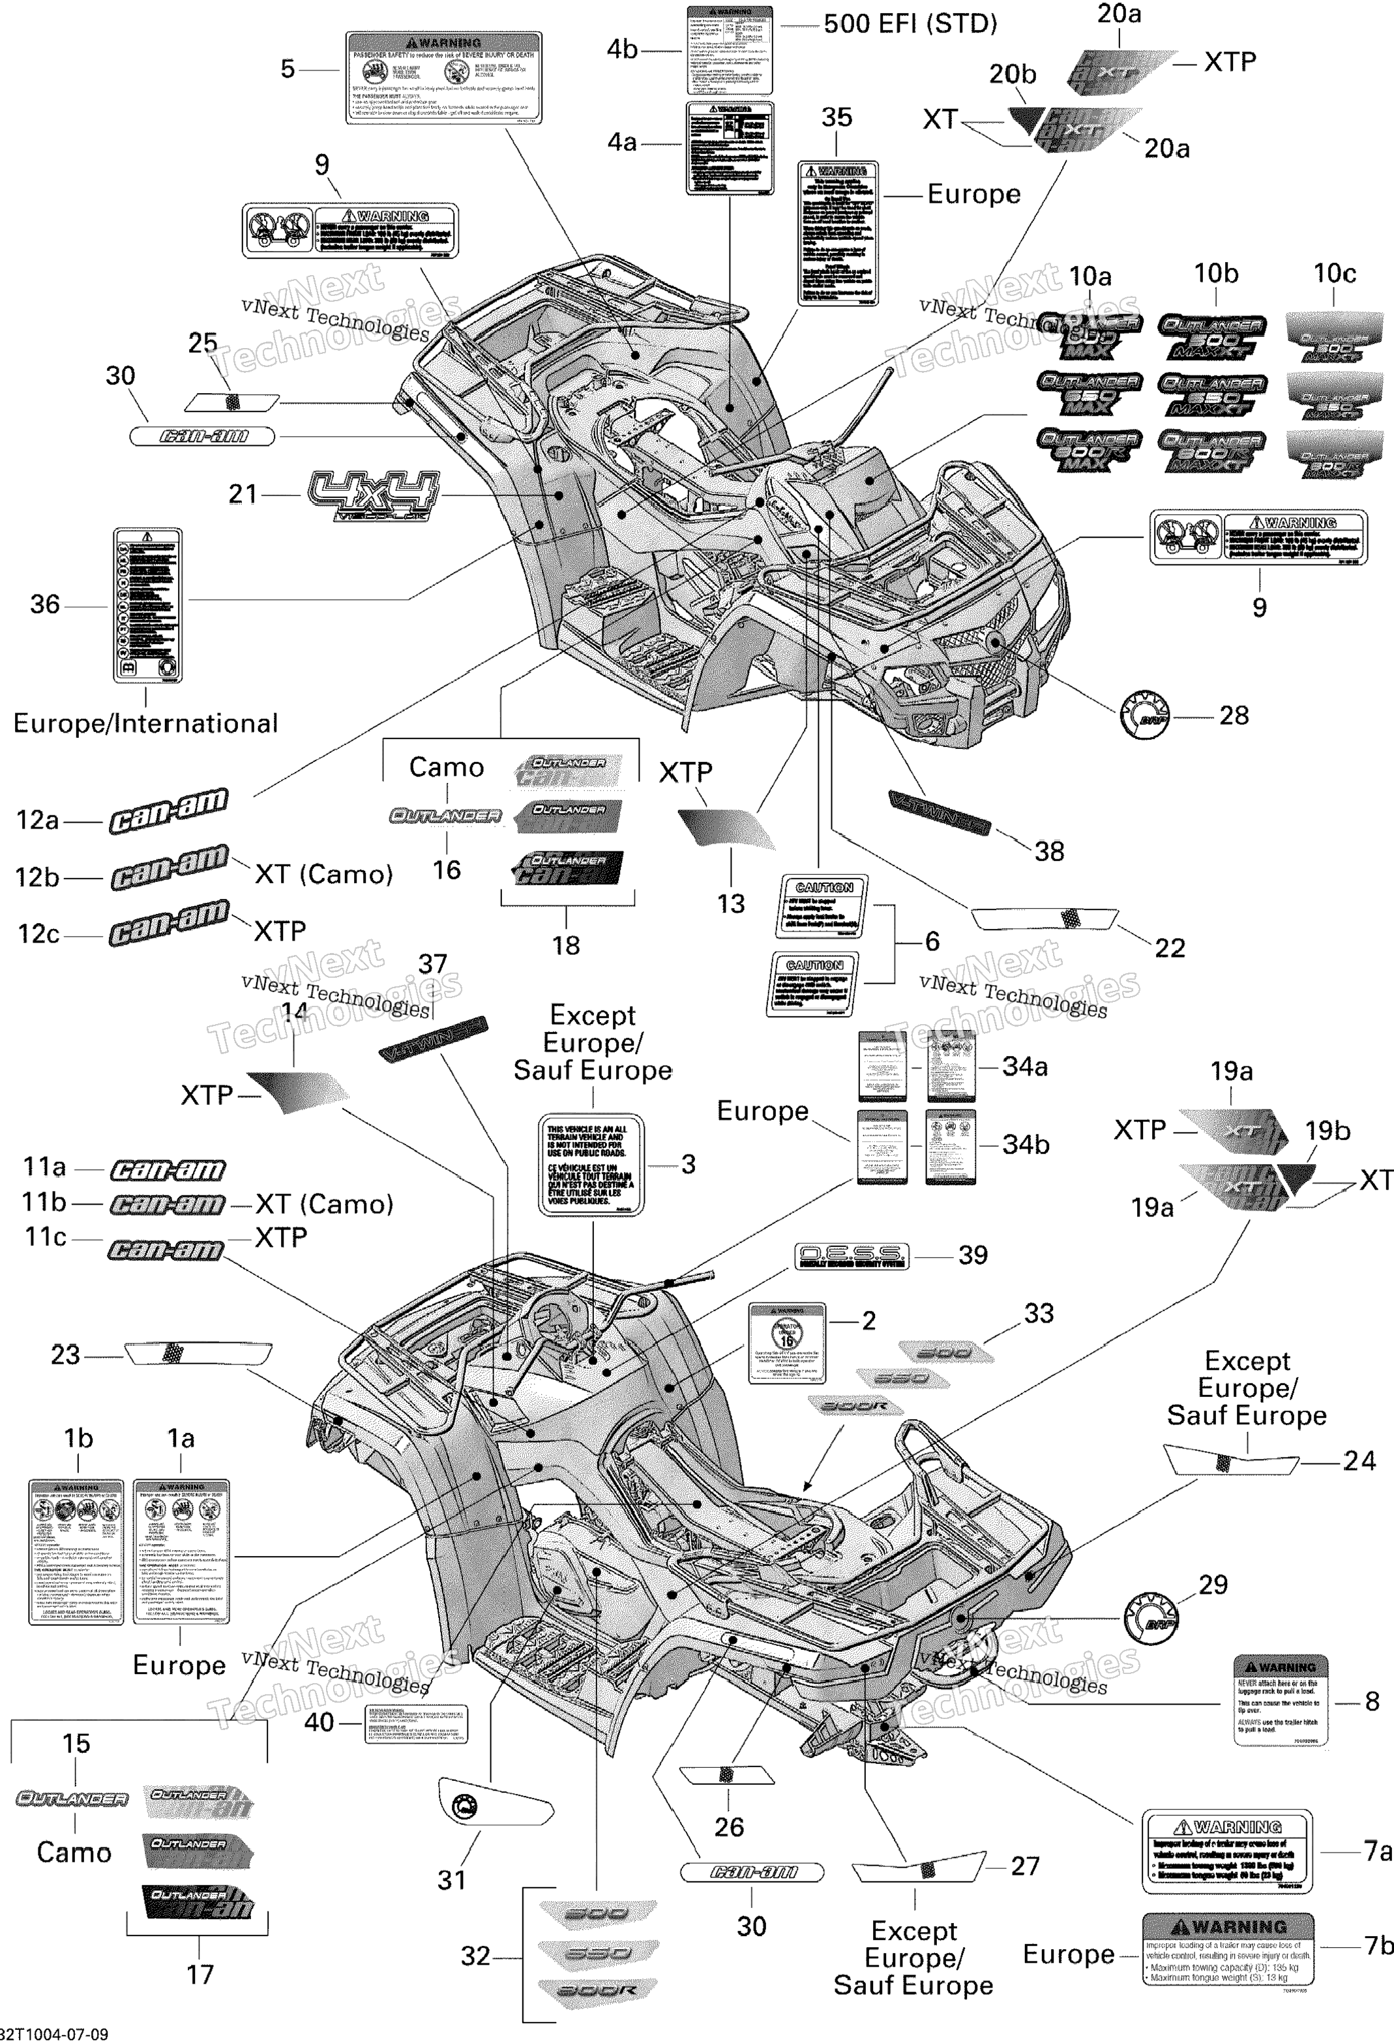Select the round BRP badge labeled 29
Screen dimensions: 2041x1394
pyautogui.click(x=1151, y=1618)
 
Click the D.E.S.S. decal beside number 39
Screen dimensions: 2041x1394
pyautogui.click(x=850, y=1256)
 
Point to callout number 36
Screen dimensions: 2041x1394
pyautogui.click(x=45, y=604)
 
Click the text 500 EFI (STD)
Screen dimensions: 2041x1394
pyautogui.click(x=910, y=23)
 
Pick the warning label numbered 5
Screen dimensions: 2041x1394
pyautogui.click(x=443, y=78)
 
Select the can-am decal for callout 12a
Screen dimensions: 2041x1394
pyautogui.click(x=169, y=810)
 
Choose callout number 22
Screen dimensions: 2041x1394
pyautogui.click(x=1169, y=948)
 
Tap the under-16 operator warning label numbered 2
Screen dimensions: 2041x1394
pyautogui.click(x=786, y=1343)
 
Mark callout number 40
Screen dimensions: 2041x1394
pyautogui.click(x=319, y=1722)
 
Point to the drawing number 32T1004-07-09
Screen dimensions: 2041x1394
pyautogui.click(x=55, y=2033)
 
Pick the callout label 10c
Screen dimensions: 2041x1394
pyautogui.click(x=1333, y=274)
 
